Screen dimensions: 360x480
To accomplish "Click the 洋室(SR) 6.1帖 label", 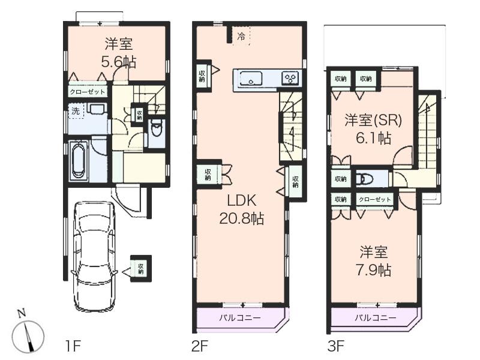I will click(x=373, y=129).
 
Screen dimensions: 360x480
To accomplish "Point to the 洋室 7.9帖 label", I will click(x=376, y=261).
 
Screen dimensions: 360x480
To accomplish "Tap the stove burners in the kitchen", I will click(x=290, y=77).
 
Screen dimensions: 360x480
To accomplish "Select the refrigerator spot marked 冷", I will click(x=241, y=37).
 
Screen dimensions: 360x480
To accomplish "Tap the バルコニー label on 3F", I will click(x=374, y=318).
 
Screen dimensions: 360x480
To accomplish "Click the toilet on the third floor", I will click(x=364, y=179).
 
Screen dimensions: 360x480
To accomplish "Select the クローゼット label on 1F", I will click(x=88, y=92).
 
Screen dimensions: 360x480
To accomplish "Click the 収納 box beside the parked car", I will click(x=141, y=266).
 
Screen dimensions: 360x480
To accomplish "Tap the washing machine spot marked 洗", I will click(x=76, y=111).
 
